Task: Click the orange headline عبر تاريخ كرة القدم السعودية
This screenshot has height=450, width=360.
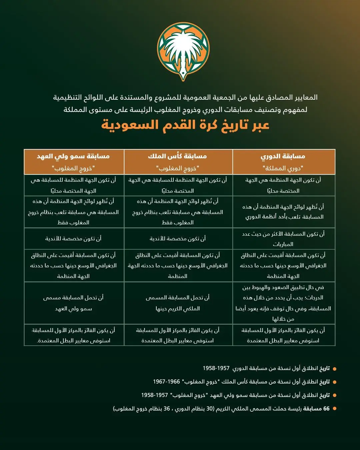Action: click(x=185, y=125)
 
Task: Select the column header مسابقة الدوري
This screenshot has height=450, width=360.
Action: click(x=283, y=156)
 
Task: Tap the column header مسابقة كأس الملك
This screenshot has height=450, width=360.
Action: click(x=178, y=156)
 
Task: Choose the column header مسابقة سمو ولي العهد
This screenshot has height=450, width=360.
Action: click(x=73, y=156)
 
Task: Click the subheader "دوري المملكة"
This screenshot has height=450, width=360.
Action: click(x=283, y=168)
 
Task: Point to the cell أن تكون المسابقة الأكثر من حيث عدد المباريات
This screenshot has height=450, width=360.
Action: click(x=283, y=239)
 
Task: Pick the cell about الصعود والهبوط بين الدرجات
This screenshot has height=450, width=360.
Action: click(x=283, y=303)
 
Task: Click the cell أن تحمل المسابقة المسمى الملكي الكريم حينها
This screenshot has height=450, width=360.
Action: click(x=178, y=303)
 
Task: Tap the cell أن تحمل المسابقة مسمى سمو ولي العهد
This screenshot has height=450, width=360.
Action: click(x=73, y=303)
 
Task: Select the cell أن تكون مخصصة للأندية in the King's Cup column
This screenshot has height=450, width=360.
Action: click(x=178, y=239)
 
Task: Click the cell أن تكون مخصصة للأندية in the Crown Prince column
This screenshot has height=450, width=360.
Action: click(x=73, y=239)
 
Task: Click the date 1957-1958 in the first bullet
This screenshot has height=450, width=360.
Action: click(x=216, y=368)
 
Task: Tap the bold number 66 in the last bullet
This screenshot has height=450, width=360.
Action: click(x=326, y=409)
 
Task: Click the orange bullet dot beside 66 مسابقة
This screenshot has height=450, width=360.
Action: click(x=335, y=409)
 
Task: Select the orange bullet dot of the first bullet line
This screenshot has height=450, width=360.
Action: click(x=335, y=369)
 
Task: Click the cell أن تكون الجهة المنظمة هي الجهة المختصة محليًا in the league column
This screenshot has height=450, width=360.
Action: click(x=283, y=185)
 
